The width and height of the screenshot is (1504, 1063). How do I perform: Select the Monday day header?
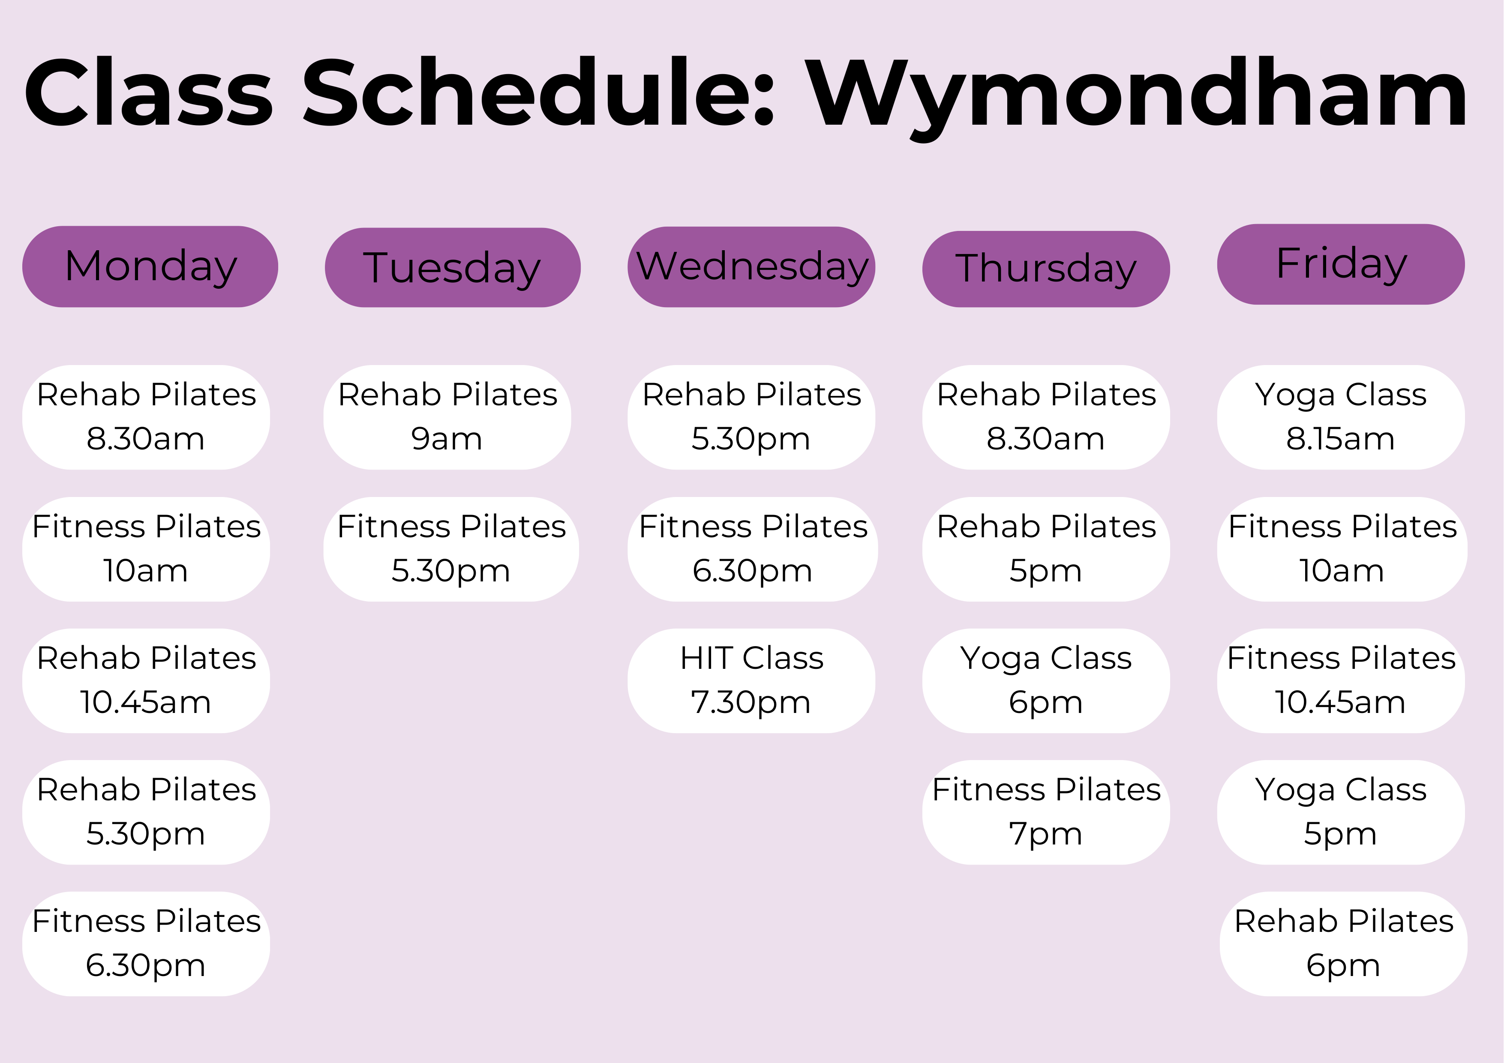click(150, 266)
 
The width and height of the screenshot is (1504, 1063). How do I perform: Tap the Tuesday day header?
click(453, 267)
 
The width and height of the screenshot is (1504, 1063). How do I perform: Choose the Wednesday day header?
click(751, 266)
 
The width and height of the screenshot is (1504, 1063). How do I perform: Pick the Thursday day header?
click(1046, 269)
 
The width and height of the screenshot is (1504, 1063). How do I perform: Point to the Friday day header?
click(1341, 264)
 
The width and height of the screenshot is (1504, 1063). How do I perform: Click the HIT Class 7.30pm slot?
click(751, 680)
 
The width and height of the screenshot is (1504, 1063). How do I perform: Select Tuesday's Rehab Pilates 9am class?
click(447, 417)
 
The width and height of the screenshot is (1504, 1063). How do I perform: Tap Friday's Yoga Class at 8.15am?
click(1341, 417)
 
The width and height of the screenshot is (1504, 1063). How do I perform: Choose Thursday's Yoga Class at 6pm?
click(1046, 680)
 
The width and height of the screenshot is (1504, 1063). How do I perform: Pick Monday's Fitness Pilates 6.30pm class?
click(146, 944)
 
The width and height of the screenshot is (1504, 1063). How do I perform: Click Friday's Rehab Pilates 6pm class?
click(1344, 944)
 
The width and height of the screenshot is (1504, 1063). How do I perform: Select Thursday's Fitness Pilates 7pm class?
click(1046, 812)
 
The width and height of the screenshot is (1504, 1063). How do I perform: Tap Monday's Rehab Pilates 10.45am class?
click(146, 680)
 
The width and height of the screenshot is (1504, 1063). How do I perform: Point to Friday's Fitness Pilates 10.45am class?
click(1341, 680)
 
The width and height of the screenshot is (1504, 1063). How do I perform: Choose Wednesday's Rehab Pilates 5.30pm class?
click(751, 417)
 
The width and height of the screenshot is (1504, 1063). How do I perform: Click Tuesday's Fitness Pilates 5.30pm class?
click(451, 549)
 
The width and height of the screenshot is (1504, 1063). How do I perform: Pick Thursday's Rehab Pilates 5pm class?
click(1046, 549)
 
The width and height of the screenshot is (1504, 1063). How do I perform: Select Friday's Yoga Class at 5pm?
click(1341, 812)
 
